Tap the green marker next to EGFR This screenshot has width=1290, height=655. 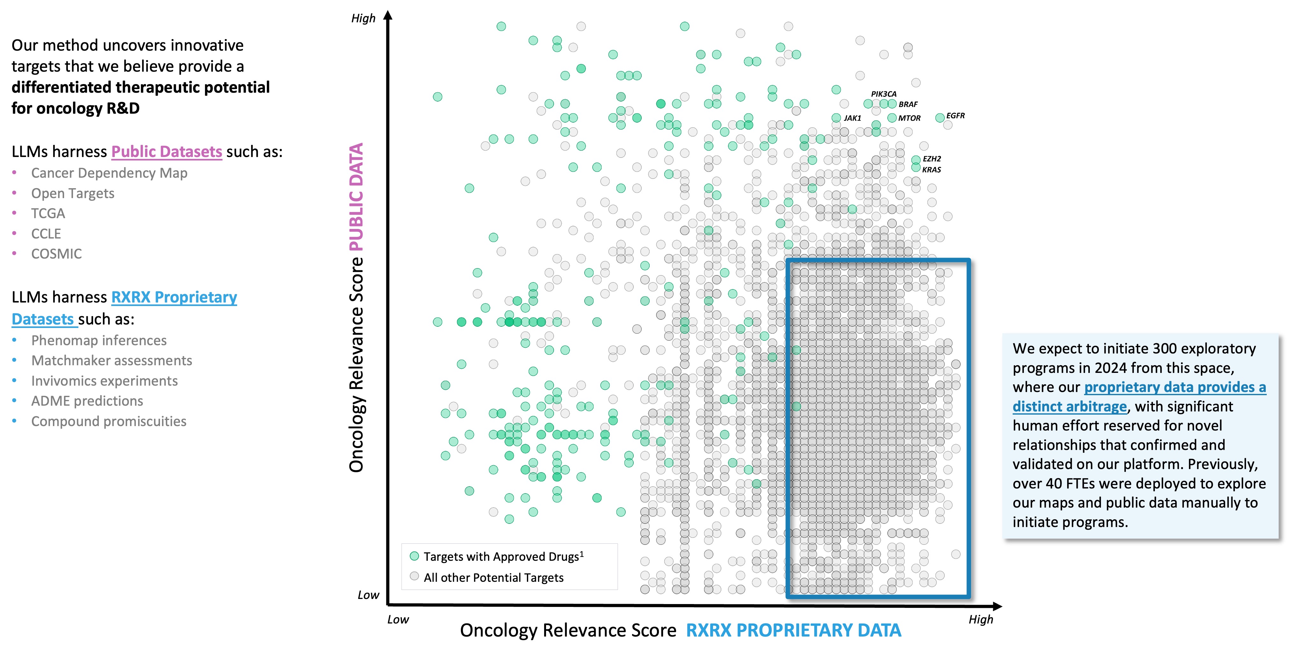[940, 117]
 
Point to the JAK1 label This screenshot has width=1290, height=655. [852, 118]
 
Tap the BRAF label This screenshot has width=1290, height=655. [908, 104]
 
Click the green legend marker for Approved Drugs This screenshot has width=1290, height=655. [414, 556]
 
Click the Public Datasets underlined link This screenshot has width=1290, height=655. [166, 152]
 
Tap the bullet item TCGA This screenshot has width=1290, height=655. [48, 214]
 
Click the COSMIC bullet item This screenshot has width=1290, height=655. [56, 254]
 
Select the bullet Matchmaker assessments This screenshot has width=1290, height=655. [111, 361]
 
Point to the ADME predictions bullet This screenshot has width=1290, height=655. [87, 401]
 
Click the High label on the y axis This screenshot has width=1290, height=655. [363, 18]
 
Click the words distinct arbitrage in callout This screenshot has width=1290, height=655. [1069, 406]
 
